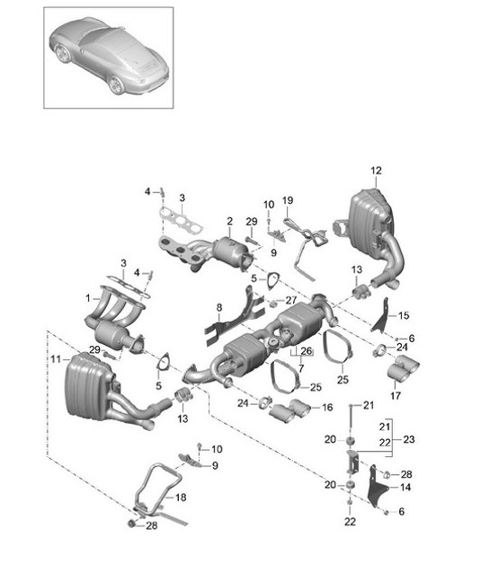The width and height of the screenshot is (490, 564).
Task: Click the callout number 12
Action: click(x=376, y=170)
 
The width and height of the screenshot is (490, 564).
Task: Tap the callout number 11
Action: click(x=56, y=358)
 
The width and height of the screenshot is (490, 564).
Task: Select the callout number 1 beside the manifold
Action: click(x=88, y=297)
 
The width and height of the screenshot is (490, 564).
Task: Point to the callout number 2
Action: click(x=229, y=220)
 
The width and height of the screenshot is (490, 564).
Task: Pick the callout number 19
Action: click(x=288, y=200)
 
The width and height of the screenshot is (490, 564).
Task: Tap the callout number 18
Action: click(x=183, y=497)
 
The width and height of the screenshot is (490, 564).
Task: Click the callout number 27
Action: click(x=290, y=301)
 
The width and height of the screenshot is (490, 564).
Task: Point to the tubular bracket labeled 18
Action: click(x=153, y=489)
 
